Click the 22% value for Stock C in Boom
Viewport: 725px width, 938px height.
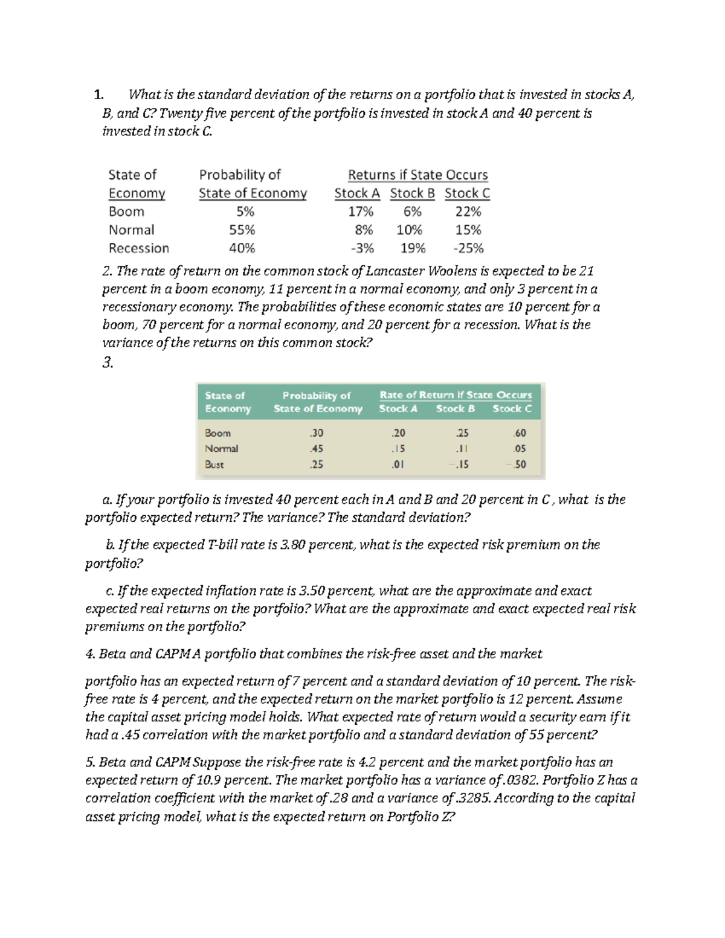point(468,211)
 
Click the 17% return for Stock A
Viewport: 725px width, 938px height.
point(361,211)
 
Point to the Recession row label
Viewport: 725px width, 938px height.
point(139,248)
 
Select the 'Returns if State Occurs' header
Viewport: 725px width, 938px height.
point(417,175)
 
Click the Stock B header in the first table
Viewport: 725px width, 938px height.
point(412,193)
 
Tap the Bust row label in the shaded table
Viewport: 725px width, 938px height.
point(214,464)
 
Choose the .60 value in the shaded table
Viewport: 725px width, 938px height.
point(519,433)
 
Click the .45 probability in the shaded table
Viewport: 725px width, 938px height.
point(316,449)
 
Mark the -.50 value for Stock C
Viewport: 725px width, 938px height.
point(517,464)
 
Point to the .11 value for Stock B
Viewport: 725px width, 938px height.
point(462,449)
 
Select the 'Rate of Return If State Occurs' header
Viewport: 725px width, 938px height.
point(456,395)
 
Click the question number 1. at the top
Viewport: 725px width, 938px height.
point(98,95)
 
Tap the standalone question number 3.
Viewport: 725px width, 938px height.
point(108,362)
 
